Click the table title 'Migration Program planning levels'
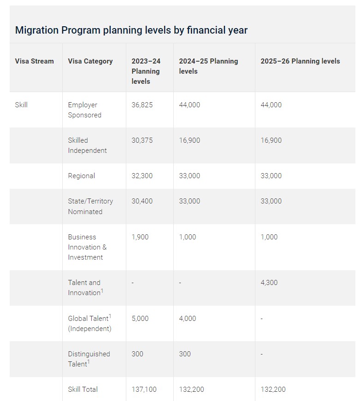tap(131, 30)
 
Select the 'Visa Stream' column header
tap(34, 61)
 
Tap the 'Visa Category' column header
tap(90, 61)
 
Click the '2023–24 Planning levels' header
tap(146, 71)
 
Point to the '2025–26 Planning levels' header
tap(300, 61)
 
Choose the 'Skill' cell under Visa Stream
tap(21, 105)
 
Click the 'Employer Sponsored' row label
tap(84, 110)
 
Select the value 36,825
tap(142, 105)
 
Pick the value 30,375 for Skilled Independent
tap(142, 140)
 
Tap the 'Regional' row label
tap(82, 176)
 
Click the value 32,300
tap(142, 176)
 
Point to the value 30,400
tap(142, 201)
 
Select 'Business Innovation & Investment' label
tap(87, 247)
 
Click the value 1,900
tap(140, 237)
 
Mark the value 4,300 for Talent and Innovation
tap(269, 283)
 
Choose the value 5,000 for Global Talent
tap(140, 319)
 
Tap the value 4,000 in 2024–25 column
tap(188, 319)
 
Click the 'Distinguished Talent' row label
tap(89, 359)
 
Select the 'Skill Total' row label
tap(83, 389)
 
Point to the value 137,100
tap(144, 389)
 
